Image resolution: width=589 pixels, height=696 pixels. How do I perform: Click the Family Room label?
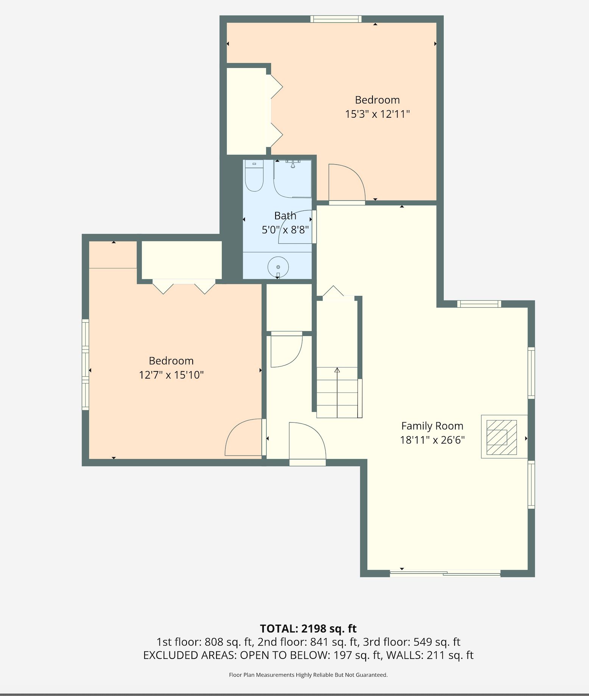(x=432, y=426)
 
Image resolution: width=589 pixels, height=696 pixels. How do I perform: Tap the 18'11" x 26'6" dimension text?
(x=432, y=440)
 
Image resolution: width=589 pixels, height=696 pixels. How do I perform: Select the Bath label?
(x=285, y=216)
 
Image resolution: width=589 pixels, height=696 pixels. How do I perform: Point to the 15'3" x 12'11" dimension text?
(x=377, y=114)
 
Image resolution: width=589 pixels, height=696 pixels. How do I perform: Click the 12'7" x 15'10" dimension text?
(x=171, y=375)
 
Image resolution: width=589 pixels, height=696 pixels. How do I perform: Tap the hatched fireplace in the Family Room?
(x=502, y=437)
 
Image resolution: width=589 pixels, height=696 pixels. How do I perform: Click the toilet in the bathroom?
(x=254, y=176)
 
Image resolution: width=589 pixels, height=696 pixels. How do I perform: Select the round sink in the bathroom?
(x=278, y=267)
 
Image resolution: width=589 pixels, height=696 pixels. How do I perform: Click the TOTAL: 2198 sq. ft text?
(x=308, y=629)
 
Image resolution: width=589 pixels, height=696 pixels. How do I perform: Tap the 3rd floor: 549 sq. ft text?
(x=411, y=642)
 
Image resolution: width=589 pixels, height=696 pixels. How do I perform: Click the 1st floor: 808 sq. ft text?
(x=204, y=642)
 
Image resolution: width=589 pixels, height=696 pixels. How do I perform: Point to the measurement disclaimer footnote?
(x=308, y=675)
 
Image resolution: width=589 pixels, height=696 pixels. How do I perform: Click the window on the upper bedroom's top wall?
(x=336, y=19)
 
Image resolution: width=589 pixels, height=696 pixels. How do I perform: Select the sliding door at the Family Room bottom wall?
(x=445, y=573)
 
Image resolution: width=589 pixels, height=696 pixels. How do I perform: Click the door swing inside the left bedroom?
(x=244, y=437)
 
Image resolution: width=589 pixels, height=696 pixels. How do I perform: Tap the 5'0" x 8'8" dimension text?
(x=285, y=230)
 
